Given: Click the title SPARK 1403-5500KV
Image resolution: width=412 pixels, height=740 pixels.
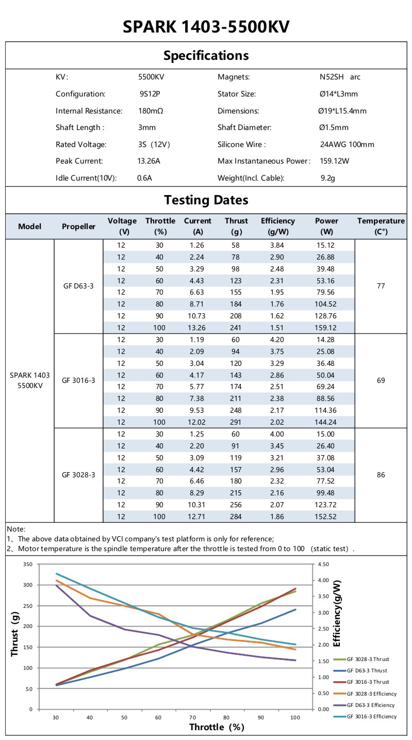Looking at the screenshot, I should pos(206,26).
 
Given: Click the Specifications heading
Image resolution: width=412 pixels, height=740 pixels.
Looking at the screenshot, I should pos(206,56).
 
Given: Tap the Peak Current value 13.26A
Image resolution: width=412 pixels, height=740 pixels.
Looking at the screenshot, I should pos(149,161).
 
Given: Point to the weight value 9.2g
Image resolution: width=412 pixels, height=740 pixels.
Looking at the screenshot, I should pos(327,178).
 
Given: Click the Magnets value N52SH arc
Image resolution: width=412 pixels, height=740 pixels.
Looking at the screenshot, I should pos(340,77).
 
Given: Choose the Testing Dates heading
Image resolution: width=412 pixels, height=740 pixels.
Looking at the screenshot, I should pos(206,200).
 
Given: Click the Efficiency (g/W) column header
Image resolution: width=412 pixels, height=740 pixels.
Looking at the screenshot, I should pos(277,226).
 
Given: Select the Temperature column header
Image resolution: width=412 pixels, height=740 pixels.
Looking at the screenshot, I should pos(381,226).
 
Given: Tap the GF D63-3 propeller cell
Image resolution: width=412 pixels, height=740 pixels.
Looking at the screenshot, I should pos(78,286).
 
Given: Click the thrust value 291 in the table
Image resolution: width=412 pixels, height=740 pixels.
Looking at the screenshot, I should pos(236,422).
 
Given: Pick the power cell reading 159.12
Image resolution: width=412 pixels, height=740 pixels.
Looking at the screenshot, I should pos(326,328).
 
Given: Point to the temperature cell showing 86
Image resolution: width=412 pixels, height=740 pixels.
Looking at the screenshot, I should pos(381,475).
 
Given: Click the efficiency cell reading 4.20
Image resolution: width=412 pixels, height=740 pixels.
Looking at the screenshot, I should pos(277,340).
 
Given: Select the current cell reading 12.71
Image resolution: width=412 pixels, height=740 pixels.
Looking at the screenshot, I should pos(197,517).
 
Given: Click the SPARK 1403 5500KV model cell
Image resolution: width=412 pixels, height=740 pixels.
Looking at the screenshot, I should pos(30,381).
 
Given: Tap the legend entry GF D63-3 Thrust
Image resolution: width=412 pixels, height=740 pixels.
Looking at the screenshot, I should pos(367,670).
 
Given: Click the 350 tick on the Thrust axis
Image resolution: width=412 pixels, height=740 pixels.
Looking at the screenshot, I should pos(28,565).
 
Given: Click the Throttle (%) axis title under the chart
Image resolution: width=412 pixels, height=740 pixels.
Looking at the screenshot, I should pos(217,728).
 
